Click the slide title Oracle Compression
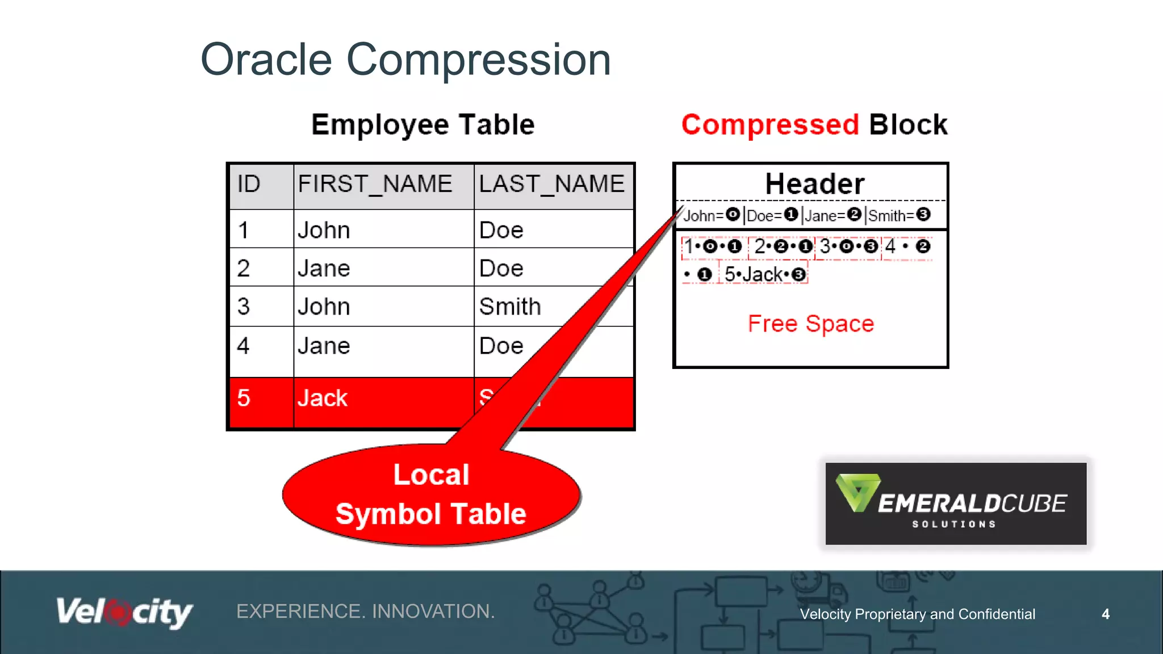(405, 60)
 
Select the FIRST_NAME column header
(375, 185)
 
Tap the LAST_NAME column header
(551, 185)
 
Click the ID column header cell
(249, 185)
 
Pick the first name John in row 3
(324, 307)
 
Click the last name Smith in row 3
(510, 307)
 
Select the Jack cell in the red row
(323, 398)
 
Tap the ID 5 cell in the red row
(244, 398)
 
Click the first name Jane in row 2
(324, 268)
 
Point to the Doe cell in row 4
(501, 346)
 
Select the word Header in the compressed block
(814, 184)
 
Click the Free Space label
(810, 324)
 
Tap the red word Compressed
(770, 125)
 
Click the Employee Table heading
(423, 125)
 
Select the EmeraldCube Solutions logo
(956, 504)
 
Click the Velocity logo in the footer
(124, 612)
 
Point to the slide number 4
(1105, 614)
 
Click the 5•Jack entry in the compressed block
(764, 275)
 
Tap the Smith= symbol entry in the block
(899, 215)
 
